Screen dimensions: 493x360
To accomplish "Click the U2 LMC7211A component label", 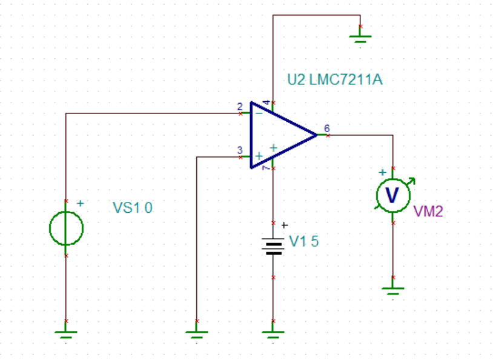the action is [335, 79].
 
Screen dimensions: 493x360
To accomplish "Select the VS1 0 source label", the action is [133, 208].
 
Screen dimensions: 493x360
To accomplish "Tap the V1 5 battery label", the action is [303, 241].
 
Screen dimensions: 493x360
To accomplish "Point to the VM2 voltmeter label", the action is [428, 211].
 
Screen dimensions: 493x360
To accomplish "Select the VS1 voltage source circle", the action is [66, 228].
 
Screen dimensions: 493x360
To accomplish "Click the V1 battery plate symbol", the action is [273, 246].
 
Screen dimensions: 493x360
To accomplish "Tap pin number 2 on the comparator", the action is [240, 107].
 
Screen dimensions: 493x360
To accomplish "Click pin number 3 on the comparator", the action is [240, 150].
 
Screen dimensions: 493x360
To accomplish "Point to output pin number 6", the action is [327, 128].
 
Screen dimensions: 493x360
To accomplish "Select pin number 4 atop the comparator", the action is [266, 102].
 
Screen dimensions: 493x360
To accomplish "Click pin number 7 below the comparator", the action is [266, 168].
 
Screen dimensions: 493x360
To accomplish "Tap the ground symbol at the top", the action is [360, 37].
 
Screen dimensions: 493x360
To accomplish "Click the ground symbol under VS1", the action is [65, 333].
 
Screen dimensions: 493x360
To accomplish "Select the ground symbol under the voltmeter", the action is [393, 290].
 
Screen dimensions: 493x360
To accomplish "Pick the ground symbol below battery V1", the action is [273, 333].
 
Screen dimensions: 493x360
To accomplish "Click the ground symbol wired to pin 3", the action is [196, 333].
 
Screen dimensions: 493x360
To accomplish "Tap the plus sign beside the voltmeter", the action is [382, 172].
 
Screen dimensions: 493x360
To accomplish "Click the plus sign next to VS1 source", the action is [81, 203].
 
